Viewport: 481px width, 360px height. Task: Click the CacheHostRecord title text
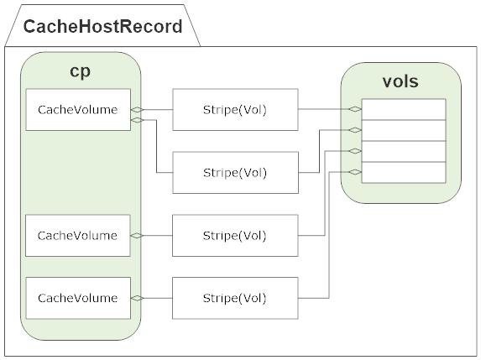pyautogui.click(x=102, y=26)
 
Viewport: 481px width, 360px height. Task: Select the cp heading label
pyautogui.click(x=81, y=71)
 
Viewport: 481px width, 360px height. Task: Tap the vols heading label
pyautogui.click(x=400, y=81)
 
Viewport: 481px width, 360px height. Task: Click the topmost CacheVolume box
pyautogui.click(x=78, y=109)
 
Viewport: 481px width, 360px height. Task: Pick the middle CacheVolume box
pyautogui.click(x=78, y=236)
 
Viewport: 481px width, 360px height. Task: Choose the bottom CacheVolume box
pyautogui.click(x=78, y=298)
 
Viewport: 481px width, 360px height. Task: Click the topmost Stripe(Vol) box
pyautogui.click(x=235, y=109)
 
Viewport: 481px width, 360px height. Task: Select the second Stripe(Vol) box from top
pyautogui.click(x=235, y=173)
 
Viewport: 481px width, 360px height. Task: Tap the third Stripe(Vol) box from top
pyautogui.click(x=235, y=236)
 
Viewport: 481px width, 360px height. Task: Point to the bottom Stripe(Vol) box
pyautogui.click(x=235, y=298)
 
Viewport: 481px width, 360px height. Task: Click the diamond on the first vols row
pyautogui.click(x=356, y=109)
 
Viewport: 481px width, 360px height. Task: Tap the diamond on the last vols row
pyautogui.click(x=356, y=172)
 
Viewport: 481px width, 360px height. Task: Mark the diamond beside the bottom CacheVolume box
pyautogui.click(x=137, y=298)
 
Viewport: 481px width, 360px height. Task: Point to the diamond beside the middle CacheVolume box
pyautogui.click(x=137, y=236)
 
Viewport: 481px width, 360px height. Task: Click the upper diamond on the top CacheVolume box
pyautogui.click(x=137, y=109)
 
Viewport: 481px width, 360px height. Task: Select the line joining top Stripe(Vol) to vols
pyautogui.click(x=323, y=109)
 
